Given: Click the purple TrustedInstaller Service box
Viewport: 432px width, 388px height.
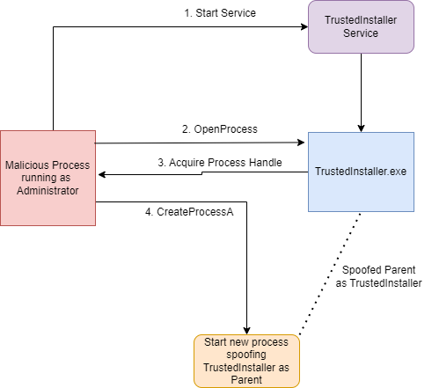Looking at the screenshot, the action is coord(361,26).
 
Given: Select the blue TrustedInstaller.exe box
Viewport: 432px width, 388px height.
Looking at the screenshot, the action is coord(361,172).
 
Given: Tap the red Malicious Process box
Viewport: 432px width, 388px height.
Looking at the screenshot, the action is coord(48,178).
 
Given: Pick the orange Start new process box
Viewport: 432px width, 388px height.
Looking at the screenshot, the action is coord(246,361).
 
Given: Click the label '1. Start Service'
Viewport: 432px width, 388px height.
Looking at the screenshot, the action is coord(220,13).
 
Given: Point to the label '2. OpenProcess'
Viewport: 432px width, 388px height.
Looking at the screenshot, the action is coord(220,129).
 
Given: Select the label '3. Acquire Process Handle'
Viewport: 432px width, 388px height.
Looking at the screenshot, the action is coord(220,163).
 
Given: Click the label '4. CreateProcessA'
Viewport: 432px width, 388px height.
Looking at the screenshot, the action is coord(189,212).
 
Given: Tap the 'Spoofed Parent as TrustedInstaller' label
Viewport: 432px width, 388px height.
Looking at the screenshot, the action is coord(378,276).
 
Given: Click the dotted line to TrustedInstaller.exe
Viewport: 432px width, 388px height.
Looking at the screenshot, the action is coord(329,275).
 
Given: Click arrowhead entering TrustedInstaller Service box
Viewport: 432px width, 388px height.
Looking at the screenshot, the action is coord(304,26).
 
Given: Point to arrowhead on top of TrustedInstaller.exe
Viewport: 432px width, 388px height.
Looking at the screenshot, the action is coord(361,128).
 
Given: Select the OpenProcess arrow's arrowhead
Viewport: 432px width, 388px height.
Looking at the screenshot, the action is coord(301,143).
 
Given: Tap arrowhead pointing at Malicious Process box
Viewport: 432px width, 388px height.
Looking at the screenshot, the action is coord(102,175).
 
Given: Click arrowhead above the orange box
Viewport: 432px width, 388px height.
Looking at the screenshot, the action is coord(246,331).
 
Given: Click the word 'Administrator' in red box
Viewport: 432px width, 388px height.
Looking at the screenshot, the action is coord(48,191).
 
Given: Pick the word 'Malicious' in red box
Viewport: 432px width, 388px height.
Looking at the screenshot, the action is coord(25,165).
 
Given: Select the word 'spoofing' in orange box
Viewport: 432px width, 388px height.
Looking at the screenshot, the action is coord(246,355).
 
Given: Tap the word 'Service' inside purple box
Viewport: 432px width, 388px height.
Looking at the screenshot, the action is coord(361,33).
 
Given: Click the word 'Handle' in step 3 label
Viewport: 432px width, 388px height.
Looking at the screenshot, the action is coord(266,163).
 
